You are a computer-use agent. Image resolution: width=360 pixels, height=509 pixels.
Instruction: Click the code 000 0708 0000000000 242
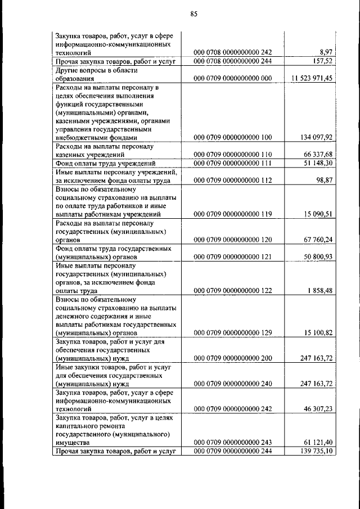(x=233, y=52)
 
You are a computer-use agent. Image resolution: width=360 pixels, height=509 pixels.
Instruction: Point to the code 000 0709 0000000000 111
(x=233, y=163)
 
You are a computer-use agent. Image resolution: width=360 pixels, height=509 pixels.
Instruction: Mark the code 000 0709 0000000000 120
(x=233, y=240)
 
